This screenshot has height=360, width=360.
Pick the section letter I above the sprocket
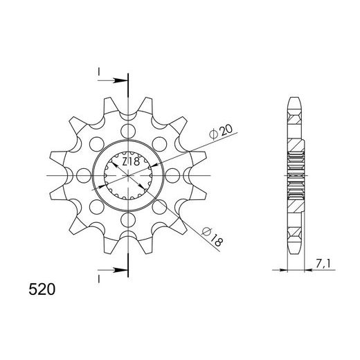(100, 71)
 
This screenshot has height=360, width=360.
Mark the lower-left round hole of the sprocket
(96, 206)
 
